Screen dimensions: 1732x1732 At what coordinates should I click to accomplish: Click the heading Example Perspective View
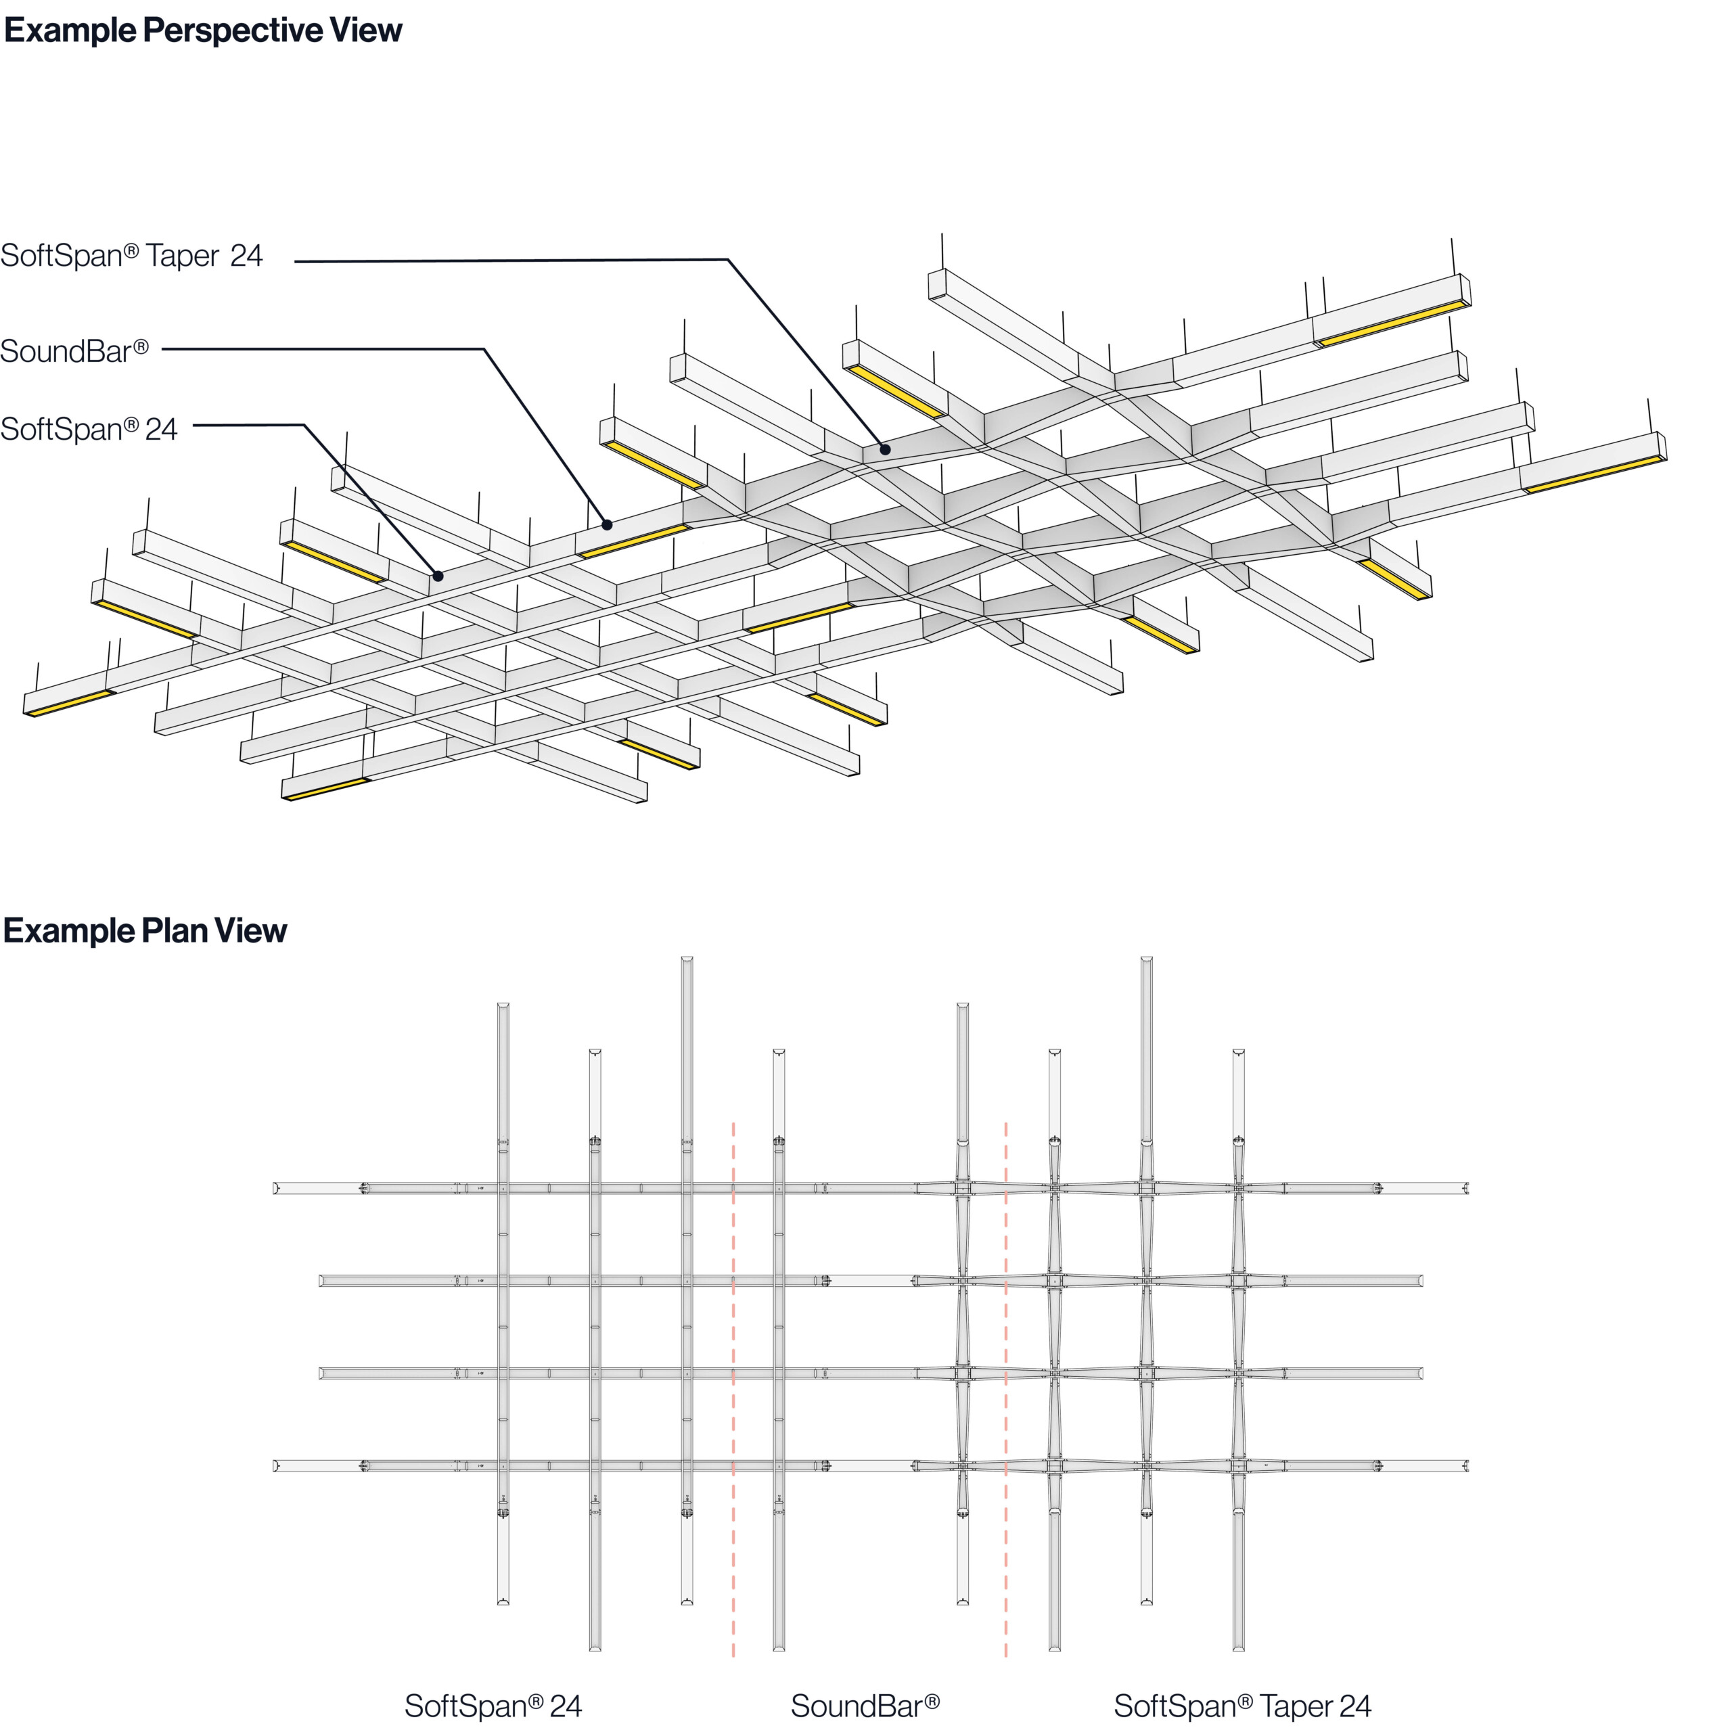point(202,30)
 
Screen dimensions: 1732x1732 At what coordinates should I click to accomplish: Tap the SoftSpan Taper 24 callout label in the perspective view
point(131,256)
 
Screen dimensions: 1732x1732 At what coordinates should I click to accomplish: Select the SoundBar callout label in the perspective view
point(74,351)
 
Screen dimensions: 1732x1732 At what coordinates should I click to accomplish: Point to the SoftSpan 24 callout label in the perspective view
point(89,430)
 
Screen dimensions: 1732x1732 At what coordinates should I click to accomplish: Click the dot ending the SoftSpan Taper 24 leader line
point(885,449)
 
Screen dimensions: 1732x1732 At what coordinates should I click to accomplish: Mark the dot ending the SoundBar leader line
point(607,524)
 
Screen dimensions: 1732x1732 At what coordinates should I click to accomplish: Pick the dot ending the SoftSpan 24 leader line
point(438,576)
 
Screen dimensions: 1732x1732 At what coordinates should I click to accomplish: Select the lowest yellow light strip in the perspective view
point(326,790)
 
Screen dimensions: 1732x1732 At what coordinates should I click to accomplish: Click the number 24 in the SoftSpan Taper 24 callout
point(246,256)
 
